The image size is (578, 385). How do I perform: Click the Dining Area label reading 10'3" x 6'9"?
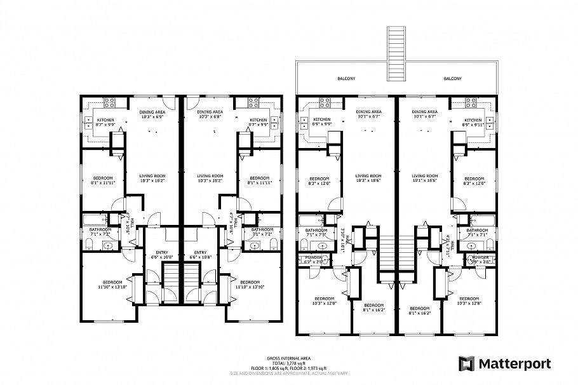(x=152, y=114)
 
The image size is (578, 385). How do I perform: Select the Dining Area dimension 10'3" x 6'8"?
(x=210, y=114)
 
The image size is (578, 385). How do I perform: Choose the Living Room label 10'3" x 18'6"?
(x=368, y=179)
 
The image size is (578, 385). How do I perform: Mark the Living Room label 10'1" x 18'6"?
(x=425, y=179)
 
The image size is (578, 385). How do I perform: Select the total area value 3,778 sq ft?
(x=290, y=363)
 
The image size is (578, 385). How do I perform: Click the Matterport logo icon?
(x=467, y=363)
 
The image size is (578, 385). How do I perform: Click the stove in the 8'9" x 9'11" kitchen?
(x=471, y=102)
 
